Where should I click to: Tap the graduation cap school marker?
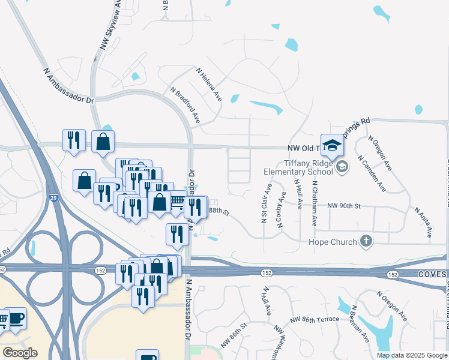pyautogui.click(x=331, y=145)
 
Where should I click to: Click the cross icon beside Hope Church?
pyautogui.click(x=366, y=242)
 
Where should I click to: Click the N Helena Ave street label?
pyautogui.click(x=209, y=83)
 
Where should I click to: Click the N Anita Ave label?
pyautogui.click(x=424, y=221)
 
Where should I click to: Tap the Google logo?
pyautogui.click(x=20, y=353)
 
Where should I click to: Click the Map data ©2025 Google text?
pyautogui.click(x=412, y=355)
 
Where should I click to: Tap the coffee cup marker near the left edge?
pyautogui.click(x=16, y=317)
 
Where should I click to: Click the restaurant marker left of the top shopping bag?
pyautogui.click(x=74, y=140)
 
